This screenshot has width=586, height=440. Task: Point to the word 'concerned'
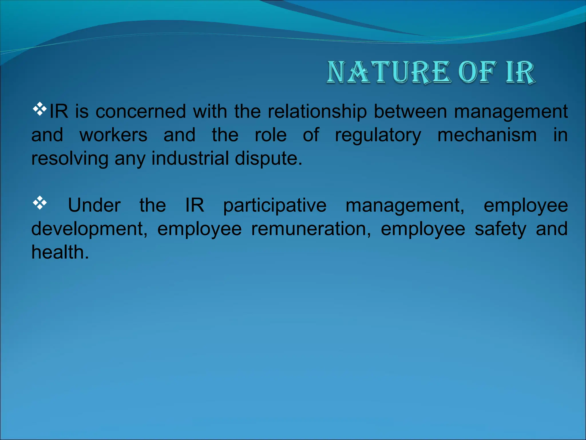140,111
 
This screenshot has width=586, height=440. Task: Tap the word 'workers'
113,135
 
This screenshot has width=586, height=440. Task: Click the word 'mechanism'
487,135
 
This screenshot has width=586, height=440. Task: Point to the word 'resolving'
70,159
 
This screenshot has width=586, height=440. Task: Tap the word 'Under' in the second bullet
94,205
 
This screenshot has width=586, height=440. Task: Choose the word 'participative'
275,206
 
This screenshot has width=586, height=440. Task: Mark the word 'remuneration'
310,229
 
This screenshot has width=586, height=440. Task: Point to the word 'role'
270,135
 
